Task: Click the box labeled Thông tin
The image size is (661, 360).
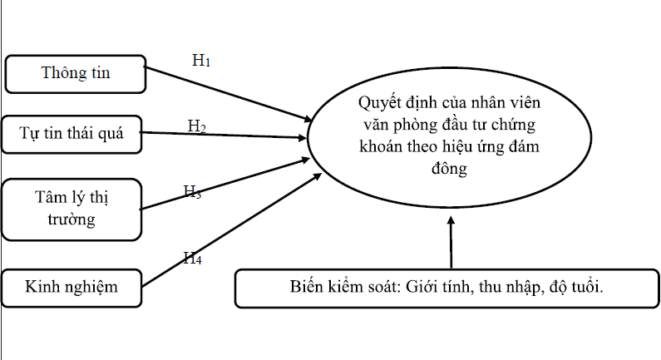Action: [76, 73]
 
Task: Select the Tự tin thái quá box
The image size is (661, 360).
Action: [72, 134]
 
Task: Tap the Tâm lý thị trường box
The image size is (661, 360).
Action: [72, 208]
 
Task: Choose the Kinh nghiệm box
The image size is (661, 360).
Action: [72, 288]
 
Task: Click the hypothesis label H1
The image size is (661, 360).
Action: [201, 61]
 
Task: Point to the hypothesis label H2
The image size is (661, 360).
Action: [197, 126]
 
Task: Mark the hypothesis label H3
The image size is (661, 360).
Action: [193, 191]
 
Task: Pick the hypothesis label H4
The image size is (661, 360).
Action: [192, 259]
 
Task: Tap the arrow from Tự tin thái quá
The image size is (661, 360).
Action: [224, 135]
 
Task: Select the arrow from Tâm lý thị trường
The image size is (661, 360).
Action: [224, 184]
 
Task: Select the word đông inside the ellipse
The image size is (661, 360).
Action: [450, 169]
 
